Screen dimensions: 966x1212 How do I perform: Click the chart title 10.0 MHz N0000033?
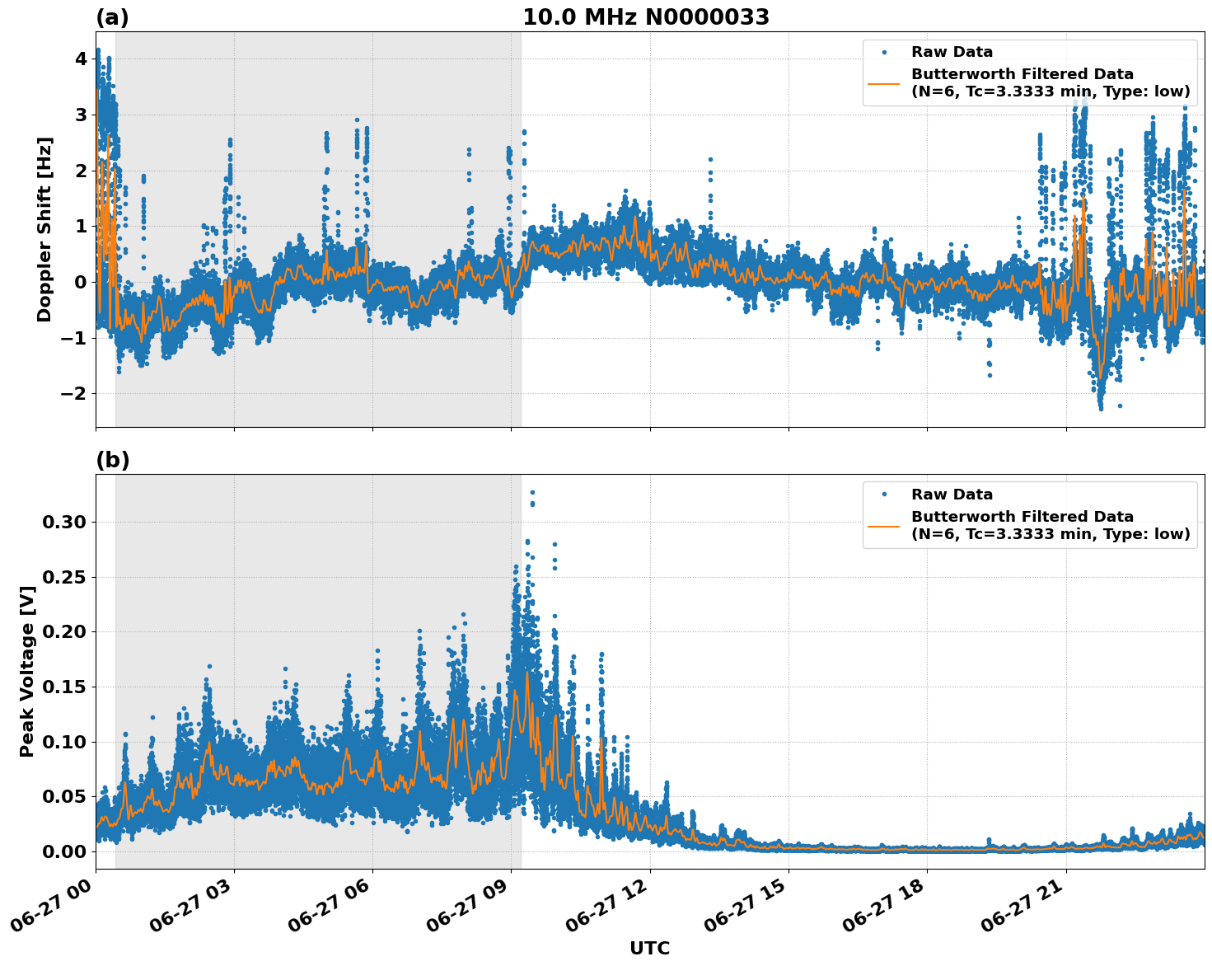(645, 17)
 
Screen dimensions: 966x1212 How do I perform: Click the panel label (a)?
(112, 17)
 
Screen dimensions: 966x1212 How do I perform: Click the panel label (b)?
(112, 460)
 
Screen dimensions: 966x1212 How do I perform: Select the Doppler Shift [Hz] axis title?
(44, 229)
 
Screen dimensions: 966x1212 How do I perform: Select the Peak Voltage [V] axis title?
(27, 671)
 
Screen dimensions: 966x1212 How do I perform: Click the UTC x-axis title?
(649, 948)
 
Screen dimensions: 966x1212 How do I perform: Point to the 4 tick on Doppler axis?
(81, 59)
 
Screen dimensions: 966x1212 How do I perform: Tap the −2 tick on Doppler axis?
(75, 393)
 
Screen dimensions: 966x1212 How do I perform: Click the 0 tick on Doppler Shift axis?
(81, 282)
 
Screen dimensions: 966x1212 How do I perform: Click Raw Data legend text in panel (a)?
(952, 52)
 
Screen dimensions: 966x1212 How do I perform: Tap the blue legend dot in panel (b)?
(884, 495)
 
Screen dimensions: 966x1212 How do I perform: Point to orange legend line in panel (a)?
(884, 82)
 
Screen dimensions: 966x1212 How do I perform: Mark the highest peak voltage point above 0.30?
(532, 492)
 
